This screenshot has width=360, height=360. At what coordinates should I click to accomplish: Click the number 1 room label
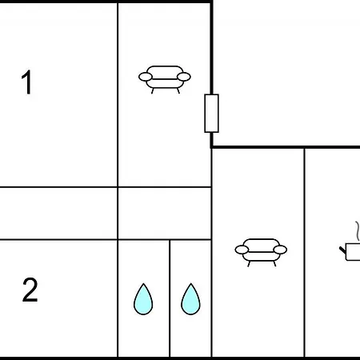point(27,82)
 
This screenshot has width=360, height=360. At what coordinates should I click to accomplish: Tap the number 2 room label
point(30,290)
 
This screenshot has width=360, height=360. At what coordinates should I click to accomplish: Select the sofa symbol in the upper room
point(165,79)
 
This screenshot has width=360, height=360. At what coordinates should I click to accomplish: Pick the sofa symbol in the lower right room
point(261,252)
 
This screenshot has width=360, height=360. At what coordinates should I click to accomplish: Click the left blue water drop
point(143,299)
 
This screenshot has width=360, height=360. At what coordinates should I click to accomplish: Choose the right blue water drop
point(190,299)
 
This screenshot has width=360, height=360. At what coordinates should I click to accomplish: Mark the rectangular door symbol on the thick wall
point(211,114)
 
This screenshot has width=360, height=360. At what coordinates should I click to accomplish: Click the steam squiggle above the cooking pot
point(358,230)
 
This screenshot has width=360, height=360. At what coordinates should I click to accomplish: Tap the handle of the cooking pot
point(342,250)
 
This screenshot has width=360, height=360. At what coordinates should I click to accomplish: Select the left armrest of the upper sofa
point(146,77)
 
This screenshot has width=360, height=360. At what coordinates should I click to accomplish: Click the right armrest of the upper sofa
point(184,77)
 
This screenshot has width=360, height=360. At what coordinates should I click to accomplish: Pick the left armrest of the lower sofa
point(242,250)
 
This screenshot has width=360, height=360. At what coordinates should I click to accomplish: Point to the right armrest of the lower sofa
point(280,250)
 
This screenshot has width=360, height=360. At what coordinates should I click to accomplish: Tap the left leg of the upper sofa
point(153,91)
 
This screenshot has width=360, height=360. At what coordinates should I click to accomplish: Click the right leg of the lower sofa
point(274,264)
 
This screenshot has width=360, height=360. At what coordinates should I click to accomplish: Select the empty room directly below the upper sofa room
point(165,214)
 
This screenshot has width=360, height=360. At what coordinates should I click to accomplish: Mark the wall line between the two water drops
point(170,298)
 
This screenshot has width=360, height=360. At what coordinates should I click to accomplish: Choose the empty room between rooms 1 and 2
point(58,214)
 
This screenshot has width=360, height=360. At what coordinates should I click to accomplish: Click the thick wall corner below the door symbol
point(211,147)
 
